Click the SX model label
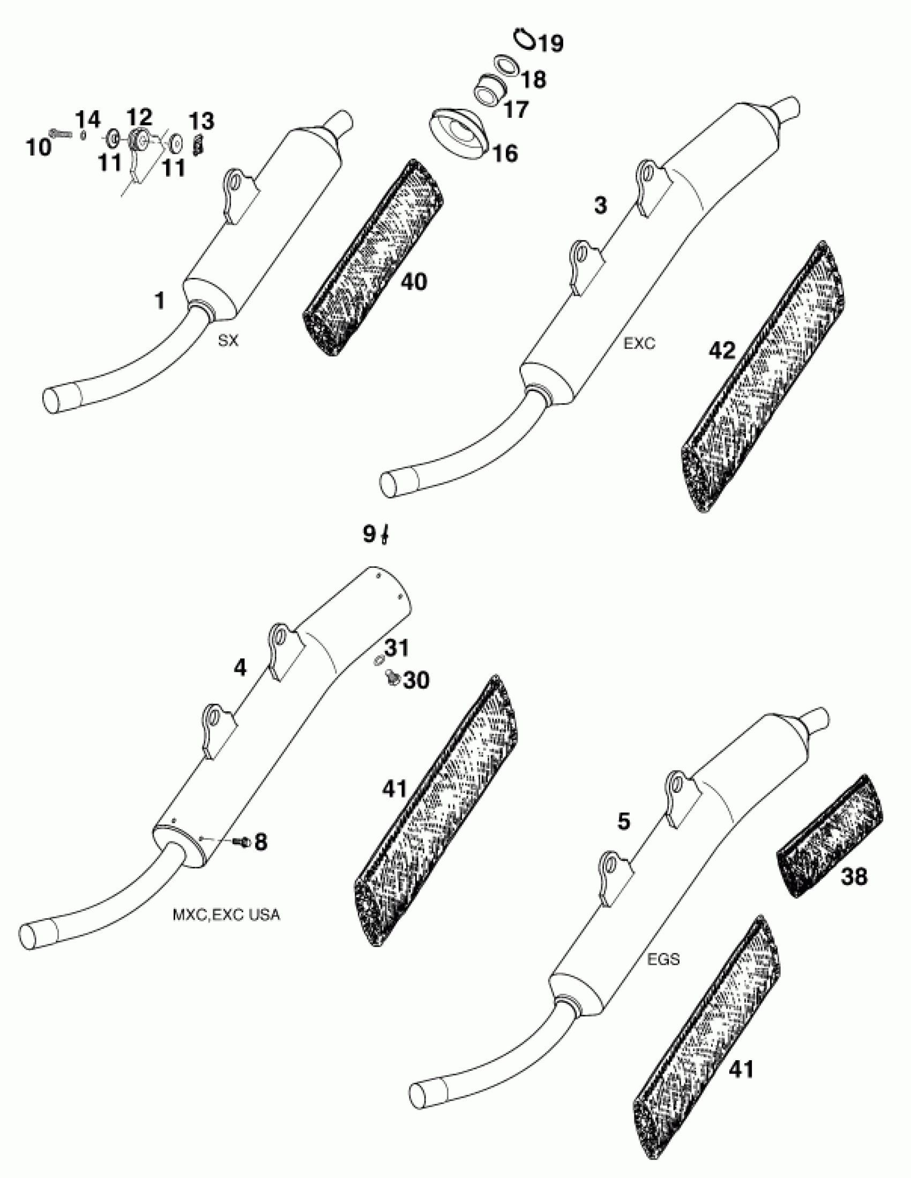point(228,341)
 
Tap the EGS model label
point(663,959)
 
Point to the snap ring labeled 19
point(523,38)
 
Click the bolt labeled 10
point(61,133)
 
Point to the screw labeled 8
point(243,842)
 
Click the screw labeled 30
point(392,678)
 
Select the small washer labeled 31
point(379,659)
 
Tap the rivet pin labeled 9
point(384,536)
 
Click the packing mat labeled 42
point(761,378)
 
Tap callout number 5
point(623,821)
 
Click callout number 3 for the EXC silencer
point(600,206)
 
